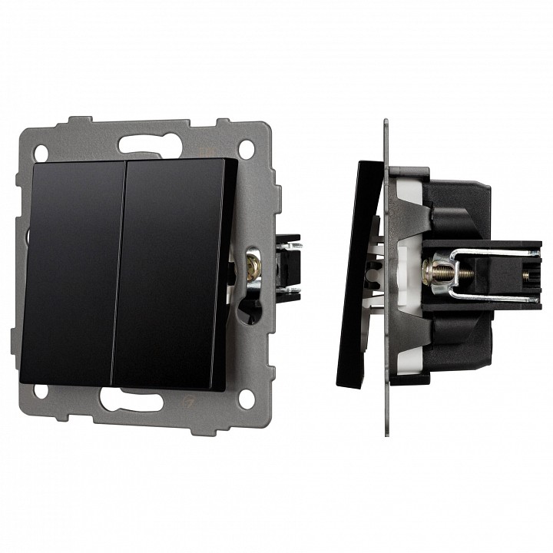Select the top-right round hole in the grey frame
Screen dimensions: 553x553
(x=247, y=147)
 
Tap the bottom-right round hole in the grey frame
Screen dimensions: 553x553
(x=246, y=398)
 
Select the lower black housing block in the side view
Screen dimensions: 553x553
(x=461, y=338)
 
